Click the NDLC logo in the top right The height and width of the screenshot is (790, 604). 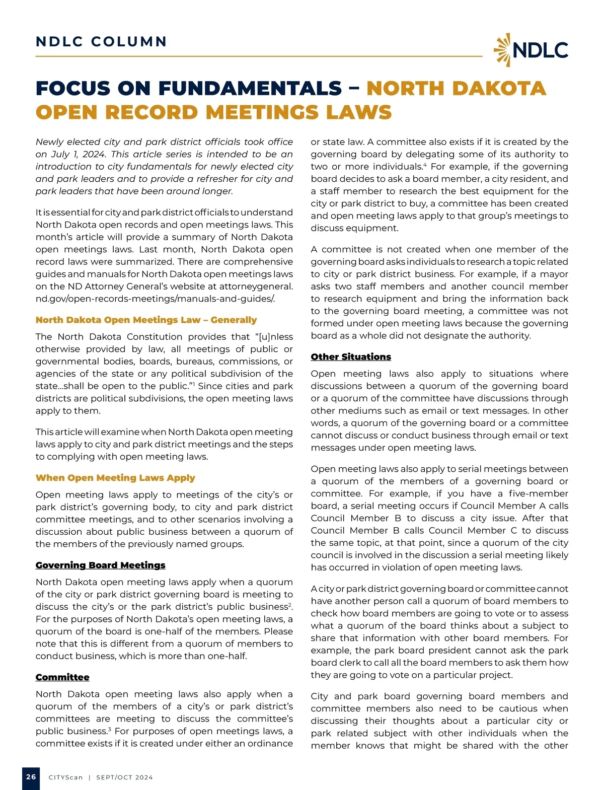tap(531, 50)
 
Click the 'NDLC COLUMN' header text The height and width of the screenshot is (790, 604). tap(101, 41)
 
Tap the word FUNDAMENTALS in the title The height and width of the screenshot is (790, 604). tap(250, 89)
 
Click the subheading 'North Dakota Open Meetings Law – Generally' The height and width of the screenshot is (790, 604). tap(146, 320)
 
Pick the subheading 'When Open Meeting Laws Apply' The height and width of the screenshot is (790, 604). tap(115, 477)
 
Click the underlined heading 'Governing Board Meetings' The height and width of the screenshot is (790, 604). tap(100, 565)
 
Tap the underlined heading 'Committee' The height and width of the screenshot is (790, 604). tap(62, 677)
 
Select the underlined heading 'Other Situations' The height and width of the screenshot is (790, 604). tap(351, 356)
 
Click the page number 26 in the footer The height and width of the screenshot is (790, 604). tap(31, 777)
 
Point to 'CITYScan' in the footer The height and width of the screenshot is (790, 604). tap(65, 777)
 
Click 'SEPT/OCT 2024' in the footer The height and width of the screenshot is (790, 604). tap(124, 777)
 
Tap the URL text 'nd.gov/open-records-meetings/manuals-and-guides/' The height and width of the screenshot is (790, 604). tap(156, 299)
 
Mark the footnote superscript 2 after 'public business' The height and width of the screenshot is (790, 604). tap(290, 604)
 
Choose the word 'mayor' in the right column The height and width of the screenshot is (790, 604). tap(555, 274)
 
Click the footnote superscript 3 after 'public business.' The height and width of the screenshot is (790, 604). tap(109, 728)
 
